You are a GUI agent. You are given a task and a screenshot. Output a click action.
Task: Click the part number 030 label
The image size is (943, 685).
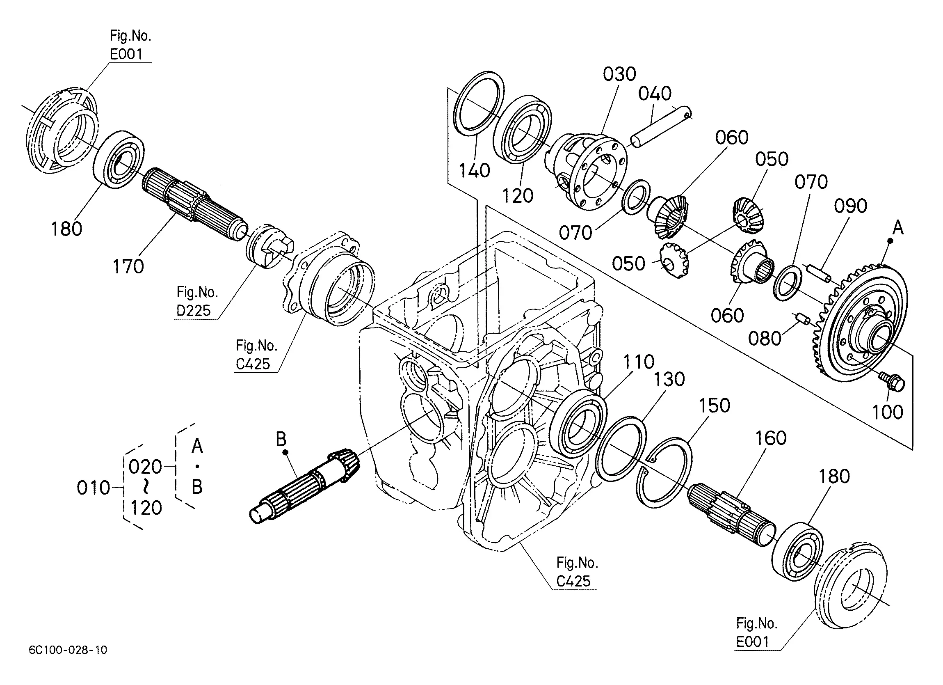coord(619,74)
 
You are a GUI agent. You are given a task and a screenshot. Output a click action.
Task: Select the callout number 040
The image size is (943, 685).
coord(655,94)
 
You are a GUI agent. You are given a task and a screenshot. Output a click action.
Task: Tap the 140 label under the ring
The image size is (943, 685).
coord(475,170)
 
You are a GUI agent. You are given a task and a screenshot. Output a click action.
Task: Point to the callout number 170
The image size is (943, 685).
coord(128,266)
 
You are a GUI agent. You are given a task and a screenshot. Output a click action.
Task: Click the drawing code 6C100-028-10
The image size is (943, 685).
coord(68,650)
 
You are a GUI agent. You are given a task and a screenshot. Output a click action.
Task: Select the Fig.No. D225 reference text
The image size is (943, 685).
coord(197,301)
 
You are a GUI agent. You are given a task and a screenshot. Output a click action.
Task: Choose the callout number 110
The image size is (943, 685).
coord(639,362)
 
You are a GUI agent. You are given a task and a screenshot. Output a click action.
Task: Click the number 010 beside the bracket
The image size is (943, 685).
coord(94,488)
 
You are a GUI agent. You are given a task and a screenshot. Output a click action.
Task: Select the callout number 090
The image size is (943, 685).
coord(851,206)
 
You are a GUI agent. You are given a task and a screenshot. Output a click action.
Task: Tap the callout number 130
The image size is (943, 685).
coord(669,379)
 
